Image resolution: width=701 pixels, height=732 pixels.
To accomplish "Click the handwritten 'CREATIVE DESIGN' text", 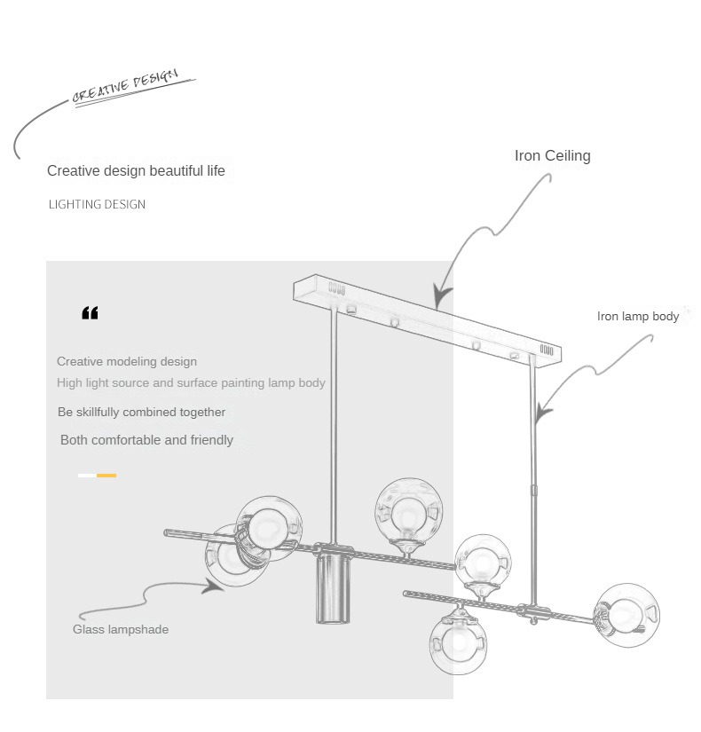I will pyautogui.click(x=125, y=87).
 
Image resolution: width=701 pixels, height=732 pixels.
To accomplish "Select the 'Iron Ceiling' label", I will pyautogui.click(x=552, y=156).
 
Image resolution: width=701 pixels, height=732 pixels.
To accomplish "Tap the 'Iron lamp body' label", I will pyautogui.click(x=637, y=317).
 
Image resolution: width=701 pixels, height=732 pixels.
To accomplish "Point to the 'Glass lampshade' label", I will pyautogui.click(x=120, y=630).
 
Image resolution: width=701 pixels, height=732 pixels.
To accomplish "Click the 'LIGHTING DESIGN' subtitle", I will pyautogui.click(x=97, y=205).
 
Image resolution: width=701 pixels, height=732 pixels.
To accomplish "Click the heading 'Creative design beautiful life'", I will pyautogui.click(x=136, y=171).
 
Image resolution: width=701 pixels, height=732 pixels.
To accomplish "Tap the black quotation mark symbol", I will pyautogui.click(x=90, y=313).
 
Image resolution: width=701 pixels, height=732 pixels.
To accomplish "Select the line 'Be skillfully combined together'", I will pyautogui.click(x=141, y=413).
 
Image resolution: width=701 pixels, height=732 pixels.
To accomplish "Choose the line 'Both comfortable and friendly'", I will pyautogui.click(x=146, y=440).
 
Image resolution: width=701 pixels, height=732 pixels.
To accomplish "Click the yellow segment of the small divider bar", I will pyautogui.click(x=106, y=476).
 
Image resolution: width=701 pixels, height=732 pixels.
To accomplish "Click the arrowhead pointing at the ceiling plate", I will pyautogui.click(x=441, y=296).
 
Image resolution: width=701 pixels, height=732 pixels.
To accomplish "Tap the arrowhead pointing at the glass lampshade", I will pyautogui.click(x=213, y=585).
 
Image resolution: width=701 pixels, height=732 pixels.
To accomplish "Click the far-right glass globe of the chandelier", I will pyautogui.click(x=626, y=614).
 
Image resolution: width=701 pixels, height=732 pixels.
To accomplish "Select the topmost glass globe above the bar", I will pyautogui.click(x=408, y=512).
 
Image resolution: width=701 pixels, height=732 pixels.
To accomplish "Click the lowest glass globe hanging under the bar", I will pyautogui.click(x=460, y=641).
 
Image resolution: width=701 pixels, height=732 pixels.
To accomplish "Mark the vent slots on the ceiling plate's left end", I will pyautogui.click(x=336, y=288).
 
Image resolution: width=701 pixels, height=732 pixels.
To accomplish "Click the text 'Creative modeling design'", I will pyautogui.click(x=127, y=362).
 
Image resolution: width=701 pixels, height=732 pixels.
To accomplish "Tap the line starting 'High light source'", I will pyautogui.click(x=191, y=383).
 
